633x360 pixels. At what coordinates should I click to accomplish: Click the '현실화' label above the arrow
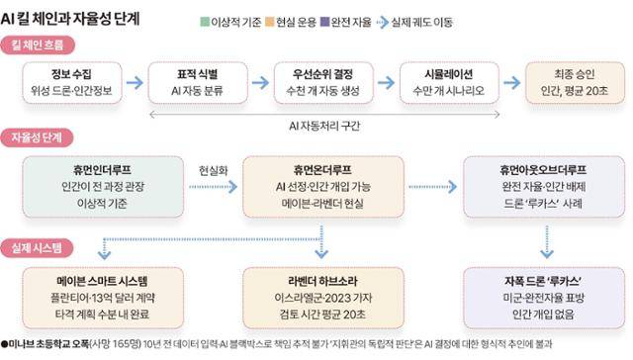(x=212, y=167)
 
